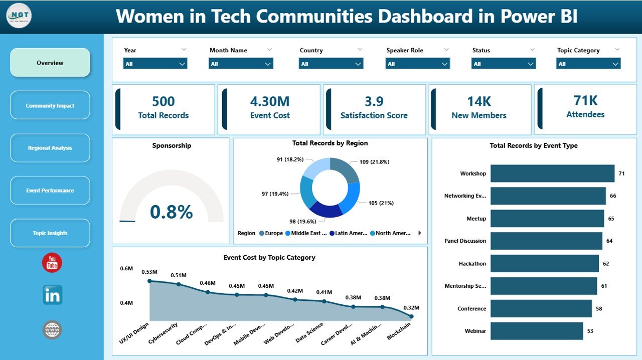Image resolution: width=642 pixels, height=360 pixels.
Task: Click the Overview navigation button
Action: [x=50, y=63]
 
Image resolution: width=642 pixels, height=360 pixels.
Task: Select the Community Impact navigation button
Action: [x=50, y=105]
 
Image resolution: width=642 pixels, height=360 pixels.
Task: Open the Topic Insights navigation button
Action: [x=50, y=233]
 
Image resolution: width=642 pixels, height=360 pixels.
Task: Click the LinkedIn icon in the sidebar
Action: [x=52, y=295]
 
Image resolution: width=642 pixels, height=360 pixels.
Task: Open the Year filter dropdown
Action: [x=155, y=64]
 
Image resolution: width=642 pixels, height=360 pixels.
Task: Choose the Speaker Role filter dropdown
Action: [x=417, y=64]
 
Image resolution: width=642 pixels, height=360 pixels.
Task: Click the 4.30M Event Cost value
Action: [x=270, y=102]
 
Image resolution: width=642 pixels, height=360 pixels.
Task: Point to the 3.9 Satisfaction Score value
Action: [x=374, y=102]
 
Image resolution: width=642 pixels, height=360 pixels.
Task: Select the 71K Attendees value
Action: [x=585, y=101]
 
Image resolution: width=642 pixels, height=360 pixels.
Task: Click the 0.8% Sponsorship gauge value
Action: [x=171, y=212]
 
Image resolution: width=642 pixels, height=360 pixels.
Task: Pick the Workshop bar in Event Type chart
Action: [x=552, y=173]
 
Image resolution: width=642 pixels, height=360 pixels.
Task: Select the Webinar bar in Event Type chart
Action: [x=537, y=331]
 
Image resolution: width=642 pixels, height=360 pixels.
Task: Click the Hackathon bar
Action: [x=544, y=263]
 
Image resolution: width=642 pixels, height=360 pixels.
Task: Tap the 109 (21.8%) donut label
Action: [x=374, y=162]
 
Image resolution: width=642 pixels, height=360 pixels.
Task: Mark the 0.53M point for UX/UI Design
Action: [x=149, y=281]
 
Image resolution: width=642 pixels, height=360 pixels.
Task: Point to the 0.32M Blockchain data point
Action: [x=411, y=316]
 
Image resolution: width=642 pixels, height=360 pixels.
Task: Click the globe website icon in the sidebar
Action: [x=52, y=329]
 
